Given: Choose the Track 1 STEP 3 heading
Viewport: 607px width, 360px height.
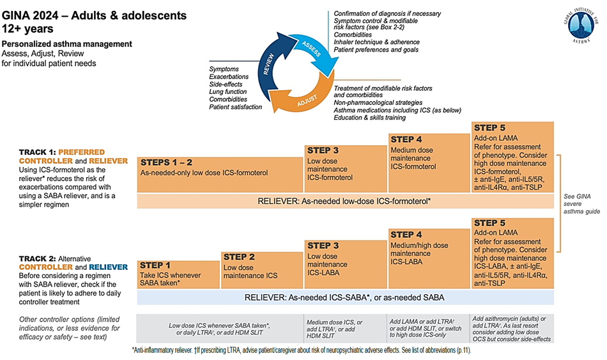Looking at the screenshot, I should (x=323, y=150).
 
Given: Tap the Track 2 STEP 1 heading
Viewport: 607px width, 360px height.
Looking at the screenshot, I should (x=155, y=265).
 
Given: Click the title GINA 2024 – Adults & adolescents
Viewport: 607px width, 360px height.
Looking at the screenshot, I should (x=94, y=14).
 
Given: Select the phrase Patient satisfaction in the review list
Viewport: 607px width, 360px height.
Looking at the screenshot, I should (x=235, y=107).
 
